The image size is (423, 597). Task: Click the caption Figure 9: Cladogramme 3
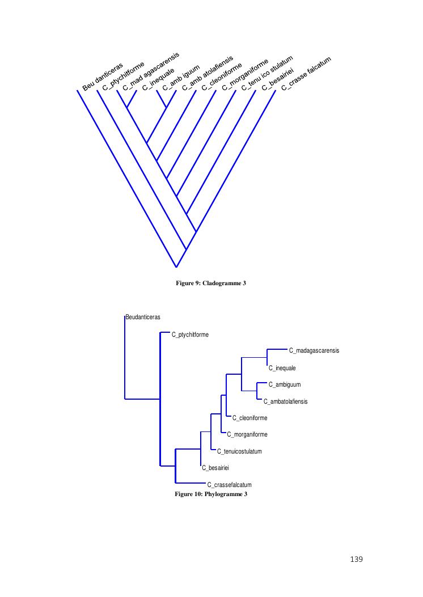coord(211,283)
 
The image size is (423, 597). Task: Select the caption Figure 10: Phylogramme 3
coord(211,494)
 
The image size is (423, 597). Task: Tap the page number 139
coord(356,560)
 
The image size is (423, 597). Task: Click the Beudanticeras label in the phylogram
coord(143,317)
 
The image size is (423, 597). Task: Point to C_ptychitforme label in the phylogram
coord(190,335)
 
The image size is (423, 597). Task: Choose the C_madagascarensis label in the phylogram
coord(314,350)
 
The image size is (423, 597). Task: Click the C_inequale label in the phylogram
coord(282,368)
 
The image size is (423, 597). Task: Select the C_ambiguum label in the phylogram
coord(284,384)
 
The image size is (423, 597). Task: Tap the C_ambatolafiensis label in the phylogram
coord(286,401)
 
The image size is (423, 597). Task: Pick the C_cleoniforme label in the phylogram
coord(250,418)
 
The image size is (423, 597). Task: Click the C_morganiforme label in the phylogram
coord(247,435)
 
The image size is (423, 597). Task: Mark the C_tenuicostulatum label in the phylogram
coord(239,451)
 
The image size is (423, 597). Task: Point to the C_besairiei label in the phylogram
coord(215,468)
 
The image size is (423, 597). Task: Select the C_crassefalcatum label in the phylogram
coord(229,485)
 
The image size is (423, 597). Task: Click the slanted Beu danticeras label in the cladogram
coord(103,77)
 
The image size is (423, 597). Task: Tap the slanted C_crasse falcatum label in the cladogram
coord(306,73)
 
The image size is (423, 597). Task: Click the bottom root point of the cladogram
coord(176,267)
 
